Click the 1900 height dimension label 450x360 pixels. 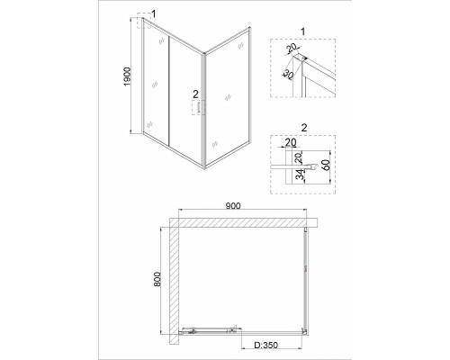128,76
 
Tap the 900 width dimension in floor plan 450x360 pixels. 233,206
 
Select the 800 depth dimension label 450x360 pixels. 157,279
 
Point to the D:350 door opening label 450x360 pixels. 265,346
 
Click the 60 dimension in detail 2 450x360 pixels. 326,165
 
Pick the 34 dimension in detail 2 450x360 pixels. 299,175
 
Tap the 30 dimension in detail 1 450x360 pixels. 288,75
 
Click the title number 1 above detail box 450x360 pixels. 302,31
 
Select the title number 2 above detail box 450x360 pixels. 304,128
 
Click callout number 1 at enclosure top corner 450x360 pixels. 154,13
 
